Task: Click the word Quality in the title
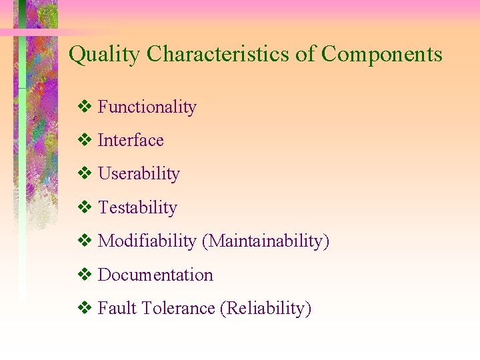tap(105, 55)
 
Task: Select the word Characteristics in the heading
tap(218, 54)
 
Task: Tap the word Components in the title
tap(382, 54)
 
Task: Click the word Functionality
tap(147, 107)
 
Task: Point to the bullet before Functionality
tap(85, 107)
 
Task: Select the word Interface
tap(131, 140)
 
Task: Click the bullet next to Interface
tap(85, 140)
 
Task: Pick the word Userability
tap(139, 174)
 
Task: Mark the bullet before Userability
tap(85, 174)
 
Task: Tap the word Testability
tap(137, 207)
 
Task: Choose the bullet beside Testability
tap(85, 207)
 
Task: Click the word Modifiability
tap(147, 241)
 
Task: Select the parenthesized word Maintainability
tap(265, 241)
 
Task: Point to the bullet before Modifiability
tap(85, 241)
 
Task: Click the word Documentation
tap(155, 275)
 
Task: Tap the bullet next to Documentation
tap(85, 275)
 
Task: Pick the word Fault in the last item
tap(113, 308)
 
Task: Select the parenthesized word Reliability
tap(265, 308)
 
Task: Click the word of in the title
tap(305, 54)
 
